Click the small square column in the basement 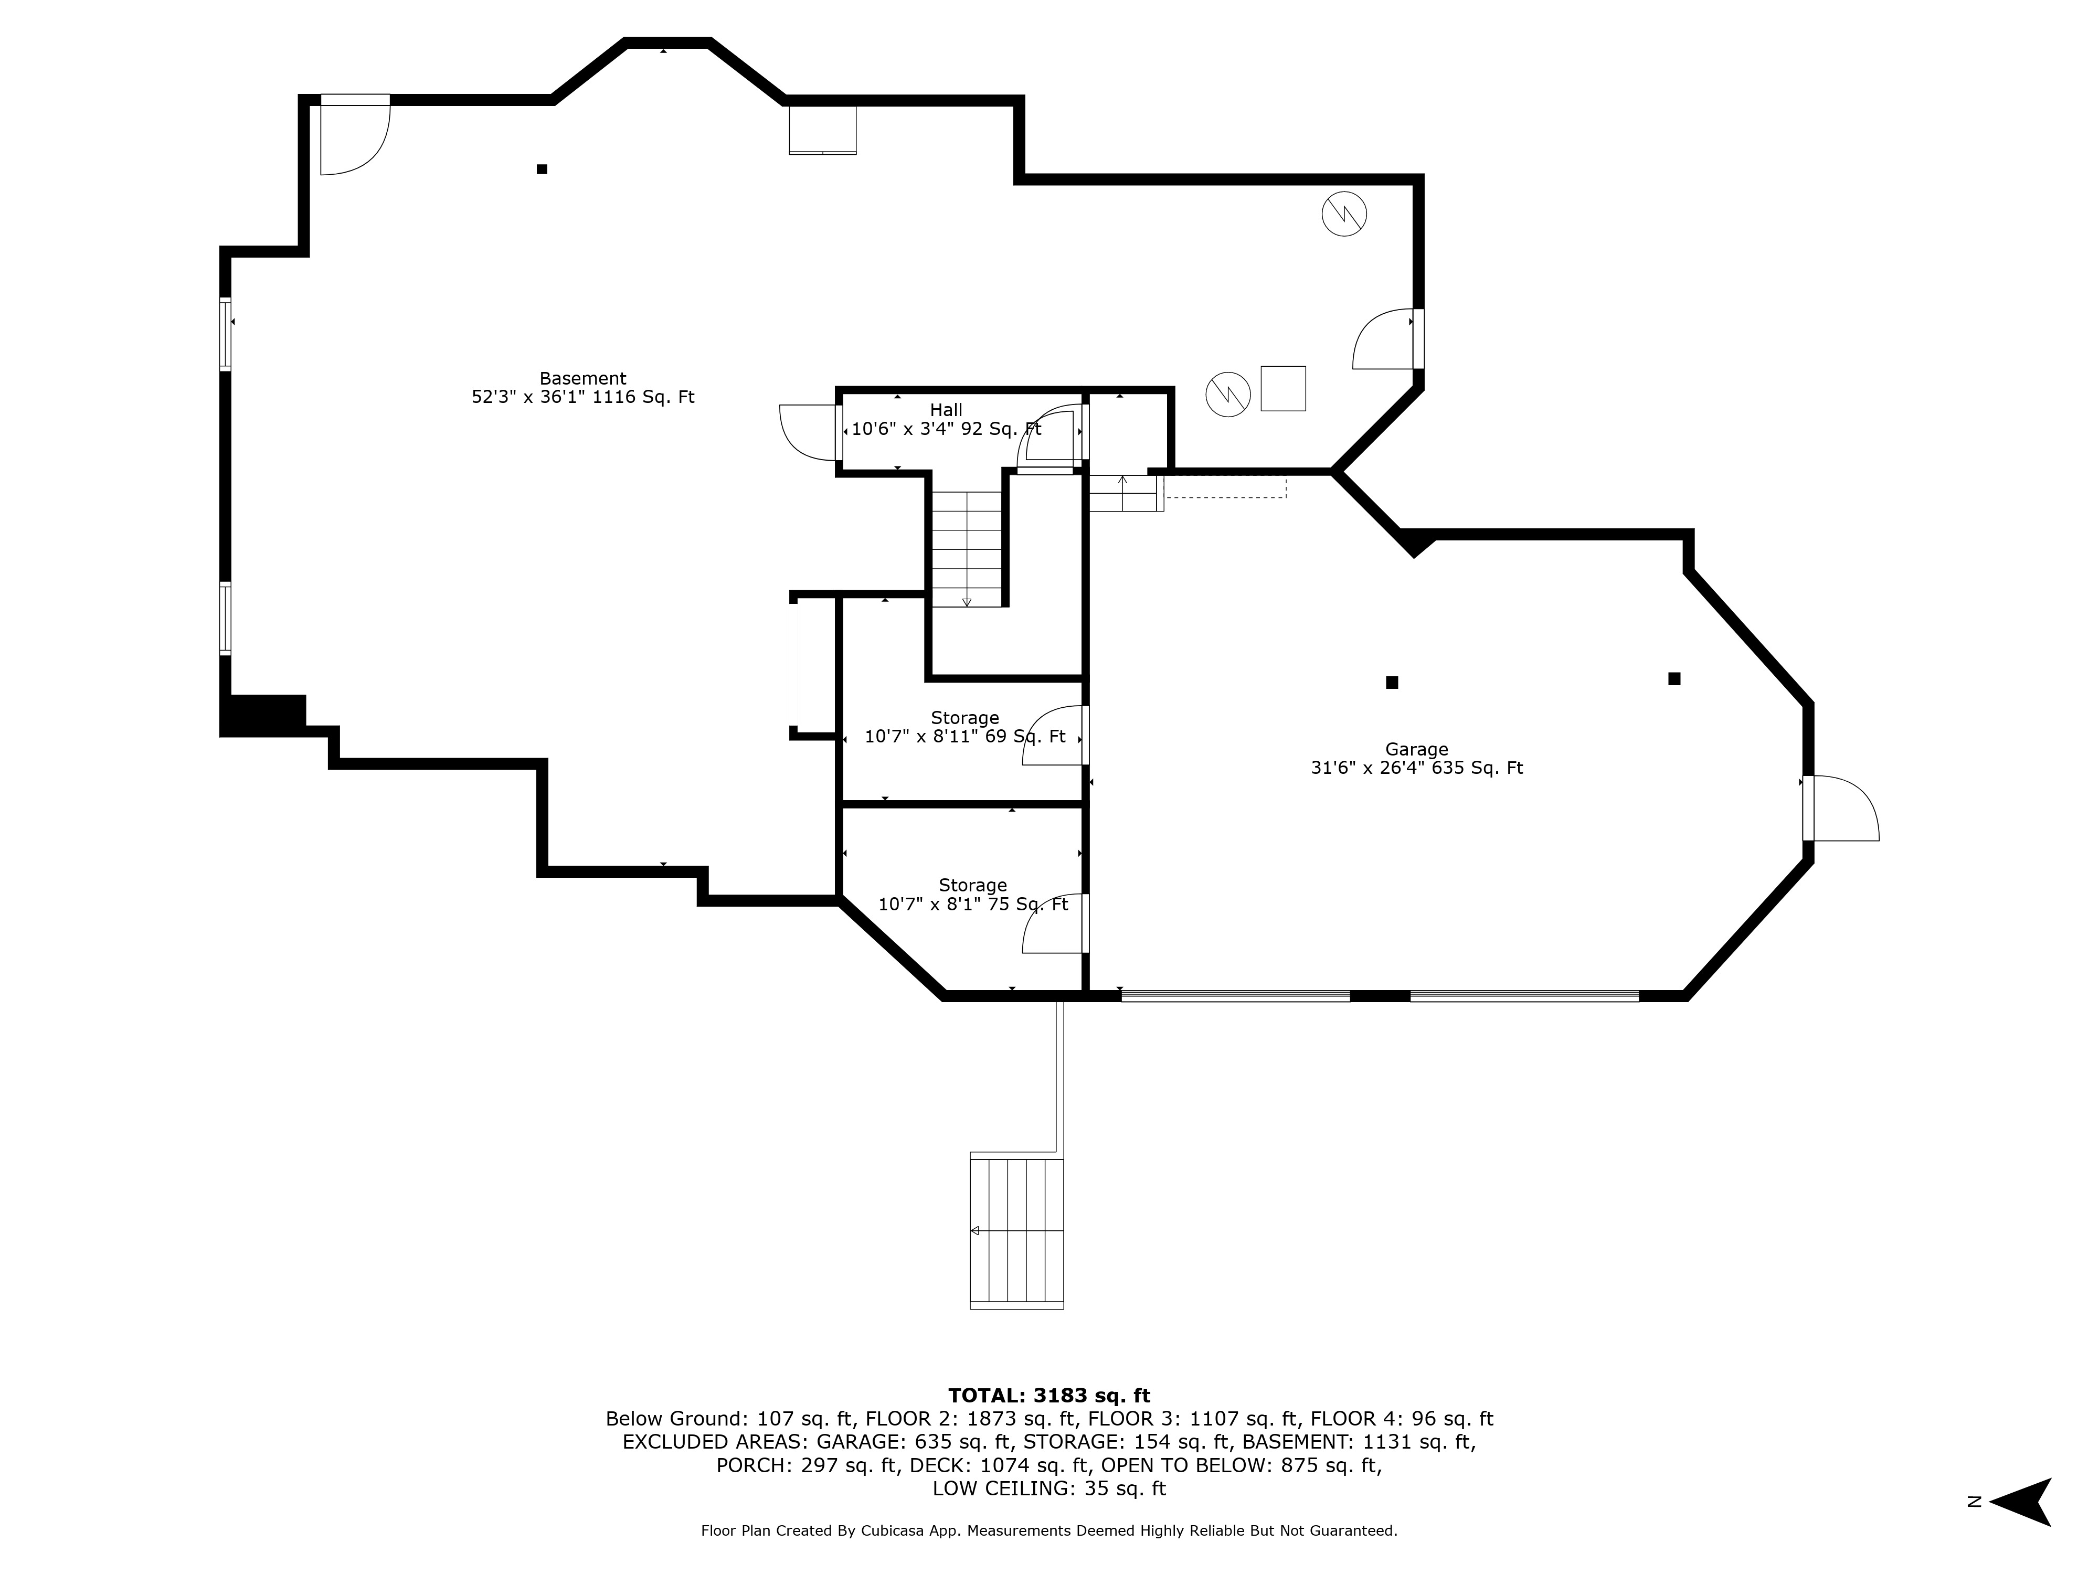pos(542,169)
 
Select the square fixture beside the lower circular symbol pos(1283,388)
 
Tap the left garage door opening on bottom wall pos(1235,995)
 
